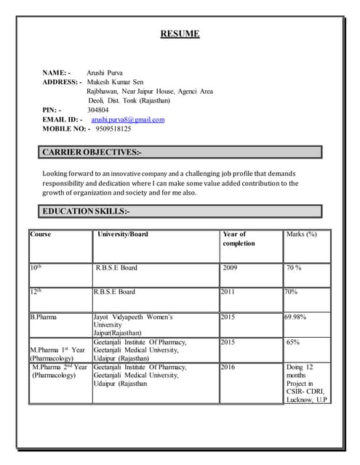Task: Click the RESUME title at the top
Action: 179,34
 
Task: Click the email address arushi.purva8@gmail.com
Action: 128,119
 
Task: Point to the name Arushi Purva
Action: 105,73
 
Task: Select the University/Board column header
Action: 123,235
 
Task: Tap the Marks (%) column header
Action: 302,235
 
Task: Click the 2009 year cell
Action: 231,268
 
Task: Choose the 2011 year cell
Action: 228,292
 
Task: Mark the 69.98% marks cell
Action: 295,317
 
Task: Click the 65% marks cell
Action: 293,341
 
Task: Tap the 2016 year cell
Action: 228,367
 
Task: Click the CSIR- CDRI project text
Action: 305,392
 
